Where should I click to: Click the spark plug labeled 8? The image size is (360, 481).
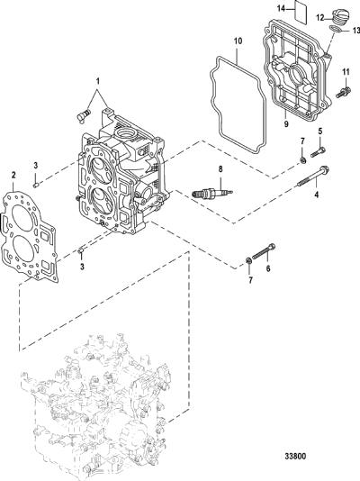pos(212,193)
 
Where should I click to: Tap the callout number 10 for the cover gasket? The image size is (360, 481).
pos(238,41)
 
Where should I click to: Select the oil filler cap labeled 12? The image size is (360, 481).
pos(337,17)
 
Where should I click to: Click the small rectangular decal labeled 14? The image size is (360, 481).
pos(301,12)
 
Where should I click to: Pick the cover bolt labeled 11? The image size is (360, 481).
pos(344,93)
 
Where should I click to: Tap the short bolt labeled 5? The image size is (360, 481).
pos(318,152)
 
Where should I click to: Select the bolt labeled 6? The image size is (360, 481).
pos(264,250)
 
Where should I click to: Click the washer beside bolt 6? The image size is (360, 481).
pos(248,261)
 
